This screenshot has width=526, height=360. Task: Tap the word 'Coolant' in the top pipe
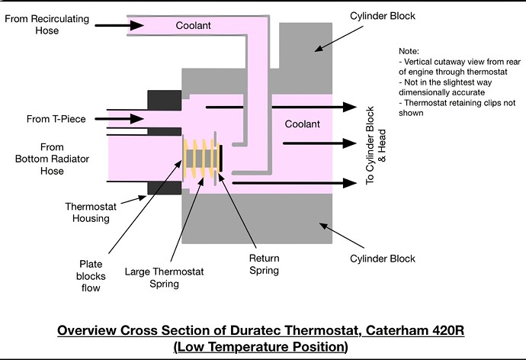(x=193, y=25)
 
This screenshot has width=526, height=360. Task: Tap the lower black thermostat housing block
(x=163, y=186)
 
